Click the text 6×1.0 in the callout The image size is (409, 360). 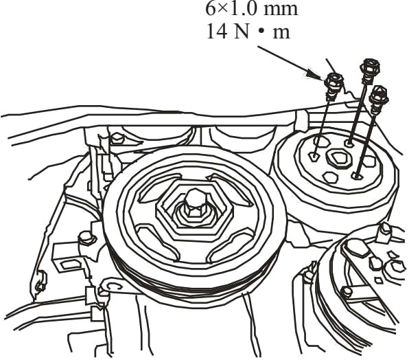click(231, 9)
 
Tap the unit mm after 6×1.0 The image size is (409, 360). click(281, 10)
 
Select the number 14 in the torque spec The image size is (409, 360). click(217, 32)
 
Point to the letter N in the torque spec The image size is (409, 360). click(241, 32)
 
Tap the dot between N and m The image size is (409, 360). click(260, 32)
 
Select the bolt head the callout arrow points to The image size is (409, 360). click(334, 82)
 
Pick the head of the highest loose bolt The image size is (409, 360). click(370, 67)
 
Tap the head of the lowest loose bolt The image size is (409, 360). click(378, 95)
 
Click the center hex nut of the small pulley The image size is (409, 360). click(338, 158)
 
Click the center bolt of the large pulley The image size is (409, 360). click(195, 203)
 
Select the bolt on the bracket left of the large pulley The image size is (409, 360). click(86, 238)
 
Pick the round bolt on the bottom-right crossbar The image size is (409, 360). click(348, 292)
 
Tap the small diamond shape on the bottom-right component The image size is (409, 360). click(378, 280)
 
